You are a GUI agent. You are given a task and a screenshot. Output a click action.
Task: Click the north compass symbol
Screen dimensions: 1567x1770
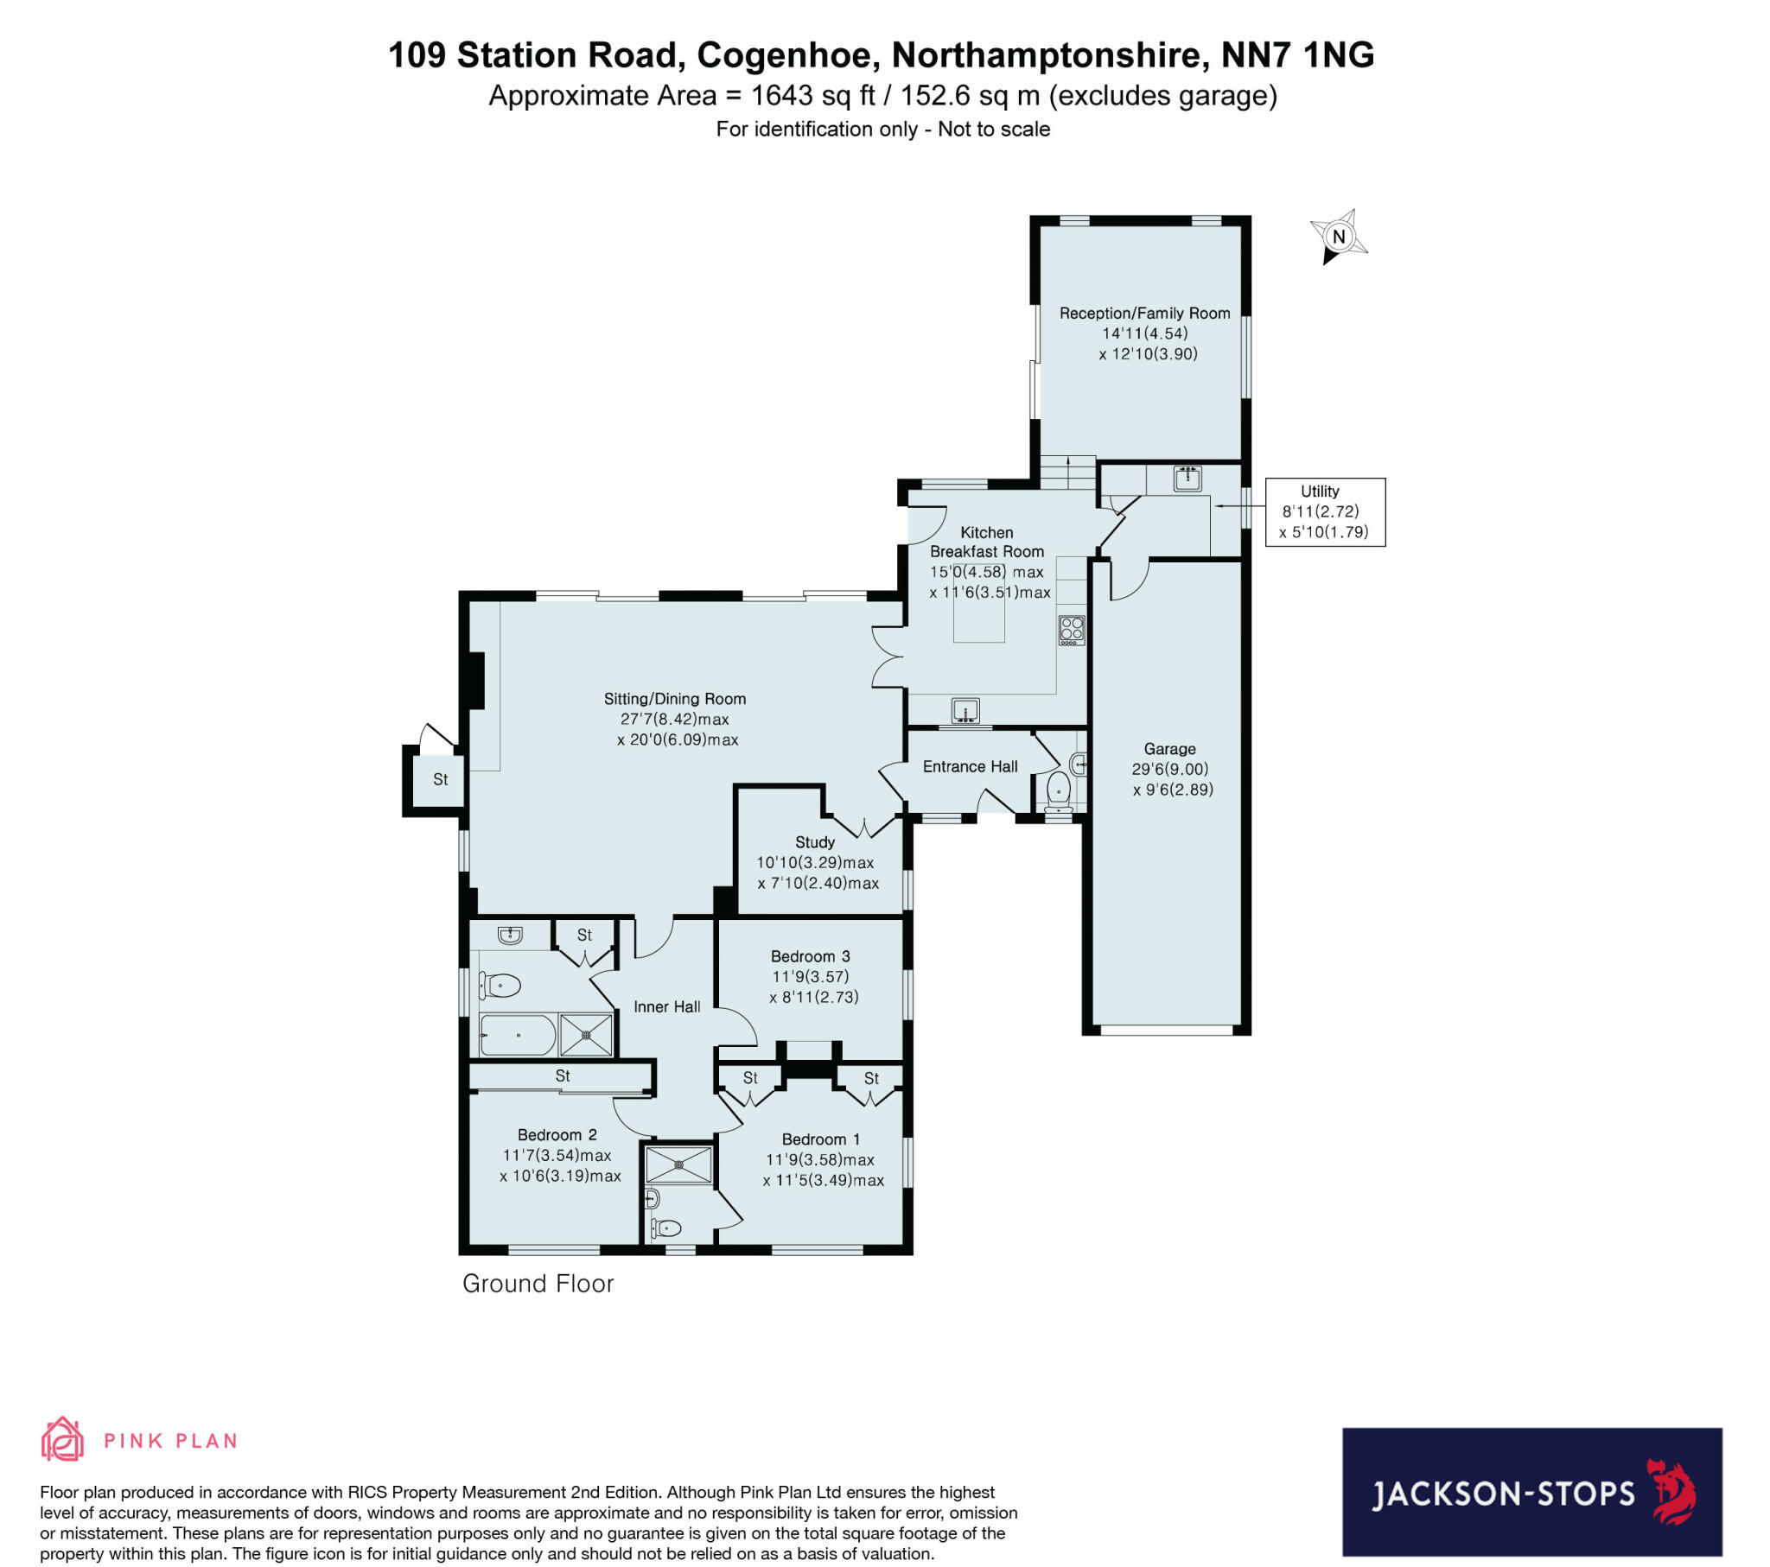(x=1338, y=237)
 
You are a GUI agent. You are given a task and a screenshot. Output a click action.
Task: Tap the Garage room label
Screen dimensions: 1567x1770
(x=1169, y=749)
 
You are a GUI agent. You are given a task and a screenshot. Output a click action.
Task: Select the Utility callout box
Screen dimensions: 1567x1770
(x=1324, y=511)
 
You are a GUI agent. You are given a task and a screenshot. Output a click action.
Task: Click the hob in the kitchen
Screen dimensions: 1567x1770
(x=1072, y=631)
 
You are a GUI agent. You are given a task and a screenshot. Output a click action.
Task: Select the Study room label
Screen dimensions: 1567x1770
(x=815, y=842)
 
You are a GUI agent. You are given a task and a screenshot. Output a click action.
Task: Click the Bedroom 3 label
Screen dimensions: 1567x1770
(x=811, y=956)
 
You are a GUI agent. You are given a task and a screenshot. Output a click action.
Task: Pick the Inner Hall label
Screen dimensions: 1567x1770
(x=667, y=1007)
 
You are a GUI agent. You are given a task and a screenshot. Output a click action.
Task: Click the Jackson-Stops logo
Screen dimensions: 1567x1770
(x=1531, y=1493)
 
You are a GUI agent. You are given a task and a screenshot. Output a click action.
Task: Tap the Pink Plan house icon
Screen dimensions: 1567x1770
(x=62, y=1441)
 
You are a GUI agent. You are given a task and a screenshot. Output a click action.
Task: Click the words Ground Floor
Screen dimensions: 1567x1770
(x=538, y=1283)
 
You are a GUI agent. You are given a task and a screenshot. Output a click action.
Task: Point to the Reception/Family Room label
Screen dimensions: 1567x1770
(x=1144, y=314)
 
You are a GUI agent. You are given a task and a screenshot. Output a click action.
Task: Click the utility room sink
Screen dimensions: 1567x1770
(x=1187, y=478)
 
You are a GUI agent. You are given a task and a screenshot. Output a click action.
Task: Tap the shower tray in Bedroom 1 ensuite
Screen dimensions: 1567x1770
(x=679, y=1165)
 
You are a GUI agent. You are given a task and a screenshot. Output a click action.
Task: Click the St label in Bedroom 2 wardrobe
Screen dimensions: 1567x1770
(x=563, y=1076)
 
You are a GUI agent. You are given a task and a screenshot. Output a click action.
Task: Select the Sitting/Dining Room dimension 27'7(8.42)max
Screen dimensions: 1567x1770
(x=675, y=720)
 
